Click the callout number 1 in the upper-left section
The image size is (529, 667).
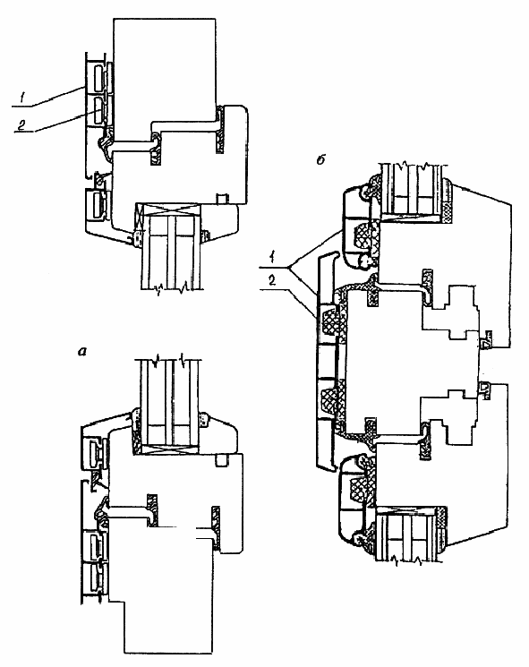click(x=22, y=98)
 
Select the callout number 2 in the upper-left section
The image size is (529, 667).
click(x=21, y=124)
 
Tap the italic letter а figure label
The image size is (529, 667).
click(x=82, y=351)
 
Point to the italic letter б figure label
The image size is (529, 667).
click(x=321, y=160)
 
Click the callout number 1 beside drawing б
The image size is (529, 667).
click(x=271, y=258)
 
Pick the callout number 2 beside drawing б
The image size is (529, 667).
click(x=272, y=280)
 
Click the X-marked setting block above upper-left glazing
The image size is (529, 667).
click(x=168, y=209)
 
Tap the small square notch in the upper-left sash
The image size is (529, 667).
click(x=221, y=198)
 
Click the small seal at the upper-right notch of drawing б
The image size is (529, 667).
click(x=486, y=339)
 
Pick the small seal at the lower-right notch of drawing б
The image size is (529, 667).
click(x=485, y=390)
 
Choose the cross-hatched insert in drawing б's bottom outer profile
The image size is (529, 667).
click(x=358, y=490)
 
